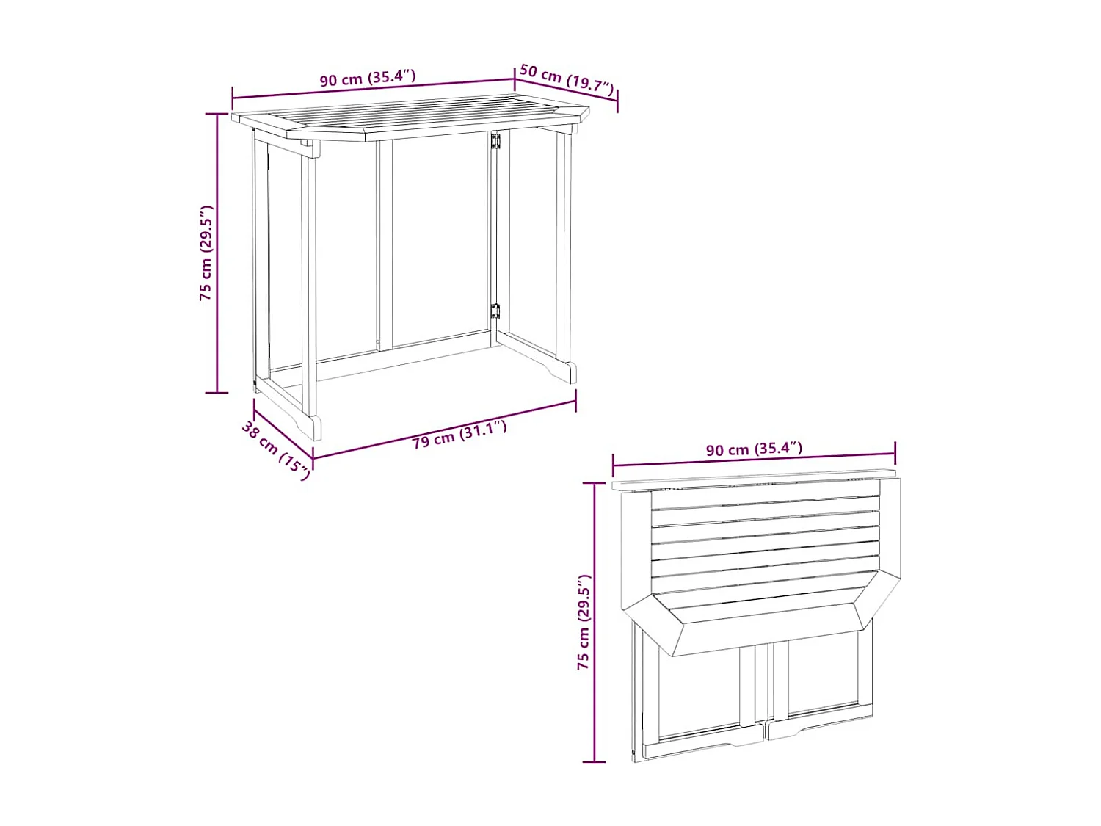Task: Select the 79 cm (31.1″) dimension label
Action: [459, 434]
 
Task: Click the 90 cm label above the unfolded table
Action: [368, 78]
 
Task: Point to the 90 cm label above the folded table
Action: [754, 449]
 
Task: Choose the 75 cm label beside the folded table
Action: [584, 621]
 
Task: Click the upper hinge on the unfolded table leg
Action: [495, 141]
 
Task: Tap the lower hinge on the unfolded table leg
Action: [495, 311]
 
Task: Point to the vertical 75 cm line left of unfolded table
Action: [217, 253]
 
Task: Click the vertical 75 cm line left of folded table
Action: [595, 621]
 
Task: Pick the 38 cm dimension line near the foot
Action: [283, 432]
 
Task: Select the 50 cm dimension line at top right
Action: [566, 90]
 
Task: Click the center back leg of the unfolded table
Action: [385, 242]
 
